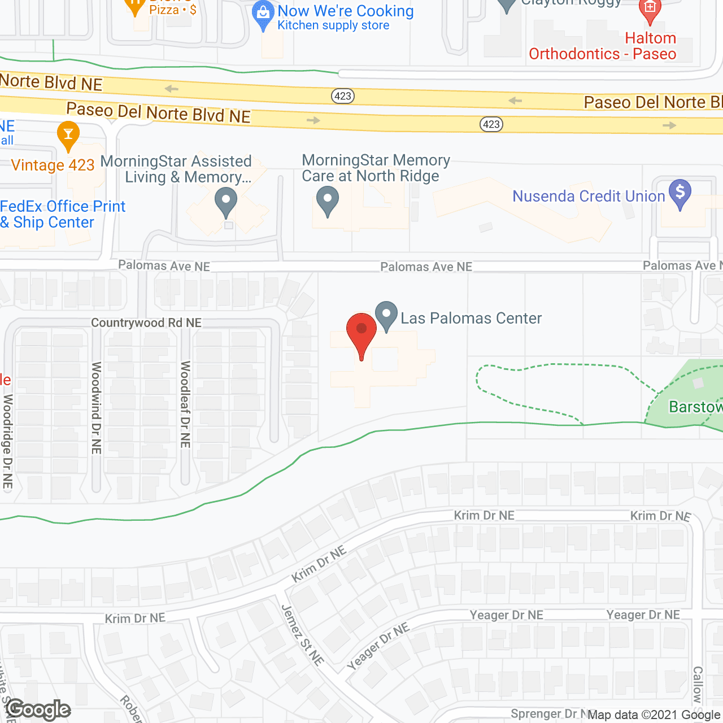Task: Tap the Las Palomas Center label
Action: [471, 319]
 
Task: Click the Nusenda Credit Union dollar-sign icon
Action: [680, 193]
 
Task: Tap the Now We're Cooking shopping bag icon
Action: [263, 14]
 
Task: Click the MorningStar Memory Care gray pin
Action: [327, 201]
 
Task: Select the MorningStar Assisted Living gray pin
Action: [226, 201]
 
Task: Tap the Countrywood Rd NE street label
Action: [146, 323]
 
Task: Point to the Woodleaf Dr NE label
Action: [185, 404]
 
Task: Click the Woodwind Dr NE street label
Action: [97, 408]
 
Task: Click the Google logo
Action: [38, 710]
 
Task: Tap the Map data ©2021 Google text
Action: [654, 715]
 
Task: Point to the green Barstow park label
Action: [695, 407]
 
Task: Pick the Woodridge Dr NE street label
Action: [8, 441]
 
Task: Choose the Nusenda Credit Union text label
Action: [589, 196]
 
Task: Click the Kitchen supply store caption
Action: [333, 25]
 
